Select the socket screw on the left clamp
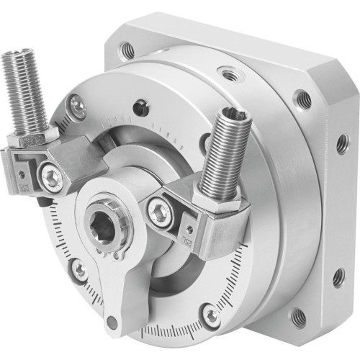[x=50, y=173]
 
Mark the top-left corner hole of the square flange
[x=127, y=50]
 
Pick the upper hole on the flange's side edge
[x=341, y=144]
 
